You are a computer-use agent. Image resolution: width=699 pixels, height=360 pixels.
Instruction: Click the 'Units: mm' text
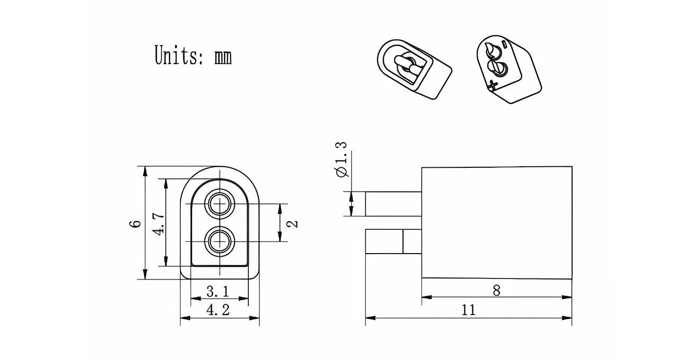(x=193, y=55)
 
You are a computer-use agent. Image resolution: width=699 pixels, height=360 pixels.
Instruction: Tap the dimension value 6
(x=136, y=223)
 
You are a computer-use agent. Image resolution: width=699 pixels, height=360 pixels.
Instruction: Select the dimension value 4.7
(x=158, y=223)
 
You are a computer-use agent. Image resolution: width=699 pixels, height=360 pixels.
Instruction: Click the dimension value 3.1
(x=218, y=291)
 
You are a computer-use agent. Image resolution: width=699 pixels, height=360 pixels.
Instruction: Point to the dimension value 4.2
(x=218, y=310)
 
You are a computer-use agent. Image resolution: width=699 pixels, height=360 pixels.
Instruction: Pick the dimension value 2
(x=293, y=223)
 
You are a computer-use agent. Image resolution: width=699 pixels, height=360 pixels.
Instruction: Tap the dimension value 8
(x=496, y=290)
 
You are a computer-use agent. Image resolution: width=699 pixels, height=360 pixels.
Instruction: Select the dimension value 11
(x=469, y=310)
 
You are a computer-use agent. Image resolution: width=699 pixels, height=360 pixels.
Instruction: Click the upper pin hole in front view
(x=220, y=204)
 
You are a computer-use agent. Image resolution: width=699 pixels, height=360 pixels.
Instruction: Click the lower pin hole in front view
(x=220, y=241)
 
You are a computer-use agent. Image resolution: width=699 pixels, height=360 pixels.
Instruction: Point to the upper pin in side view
(x=393, y=204)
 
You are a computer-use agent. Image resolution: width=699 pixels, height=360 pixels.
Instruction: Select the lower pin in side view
(x=393, y=241)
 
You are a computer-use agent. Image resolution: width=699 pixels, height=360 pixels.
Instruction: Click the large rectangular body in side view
(x=496, y=223)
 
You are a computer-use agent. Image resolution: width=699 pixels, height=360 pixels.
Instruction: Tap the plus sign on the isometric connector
(x=494, y=84)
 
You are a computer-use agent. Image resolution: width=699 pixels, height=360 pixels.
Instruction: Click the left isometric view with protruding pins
(x=413, y=69)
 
